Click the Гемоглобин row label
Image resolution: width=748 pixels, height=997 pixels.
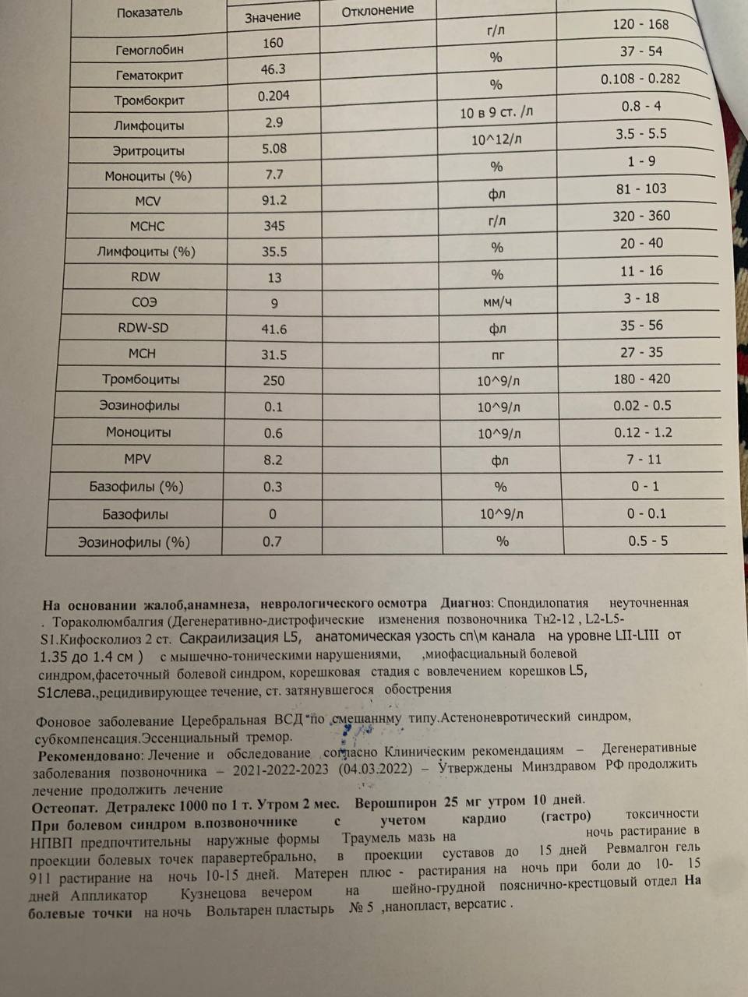pos(150,49)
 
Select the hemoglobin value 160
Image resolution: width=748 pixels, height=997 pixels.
pos(273,43)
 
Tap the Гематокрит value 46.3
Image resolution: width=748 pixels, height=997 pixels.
pos(273,69)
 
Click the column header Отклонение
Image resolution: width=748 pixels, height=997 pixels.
pos(378,11)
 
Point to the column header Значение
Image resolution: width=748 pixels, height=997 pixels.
pos(272,16)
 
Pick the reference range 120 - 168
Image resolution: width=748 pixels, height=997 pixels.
pos(640,24)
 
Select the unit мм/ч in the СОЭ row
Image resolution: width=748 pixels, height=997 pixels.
pos(497,301)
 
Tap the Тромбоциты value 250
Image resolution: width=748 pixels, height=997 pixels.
pos(273,381)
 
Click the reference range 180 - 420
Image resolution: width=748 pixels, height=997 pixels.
pos(642,379)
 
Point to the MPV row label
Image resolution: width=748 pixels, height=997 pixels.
pos(137,460)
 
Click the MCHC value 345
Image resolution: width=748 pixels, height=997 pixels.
pos(273,226)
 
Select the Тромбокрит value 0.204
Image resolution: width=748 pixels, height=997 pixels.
pos(273,96)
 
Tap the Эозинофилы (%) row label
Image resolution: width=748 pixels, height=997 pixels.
pos(133,542)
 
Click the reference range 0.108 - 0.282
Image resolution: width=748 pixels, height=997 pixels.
pos(640,79)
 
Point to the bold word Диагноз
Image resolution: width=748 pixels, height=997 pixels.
pos(466,603)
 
